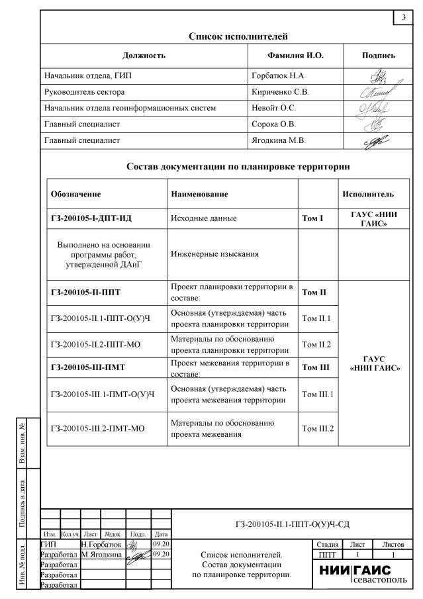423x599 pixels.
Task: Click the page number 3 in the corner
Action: [403, 17]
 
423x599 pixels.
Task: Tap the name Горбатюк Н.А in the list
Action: [277, 76]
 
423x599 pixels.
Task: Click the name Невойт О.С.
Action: [273, 108]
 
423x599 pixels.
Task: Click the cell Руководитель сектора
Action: [84, 92]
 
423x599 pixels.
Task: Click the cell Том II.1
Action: [317, 319]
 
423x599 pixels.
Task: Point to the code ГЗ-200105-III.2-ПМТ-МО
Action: [97, 428]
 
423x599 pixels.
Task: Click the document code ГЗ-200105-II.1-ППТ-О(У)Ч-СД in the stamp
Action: [292, 524]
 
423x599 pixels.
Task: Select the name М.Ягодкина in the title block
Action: [101, 554]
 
